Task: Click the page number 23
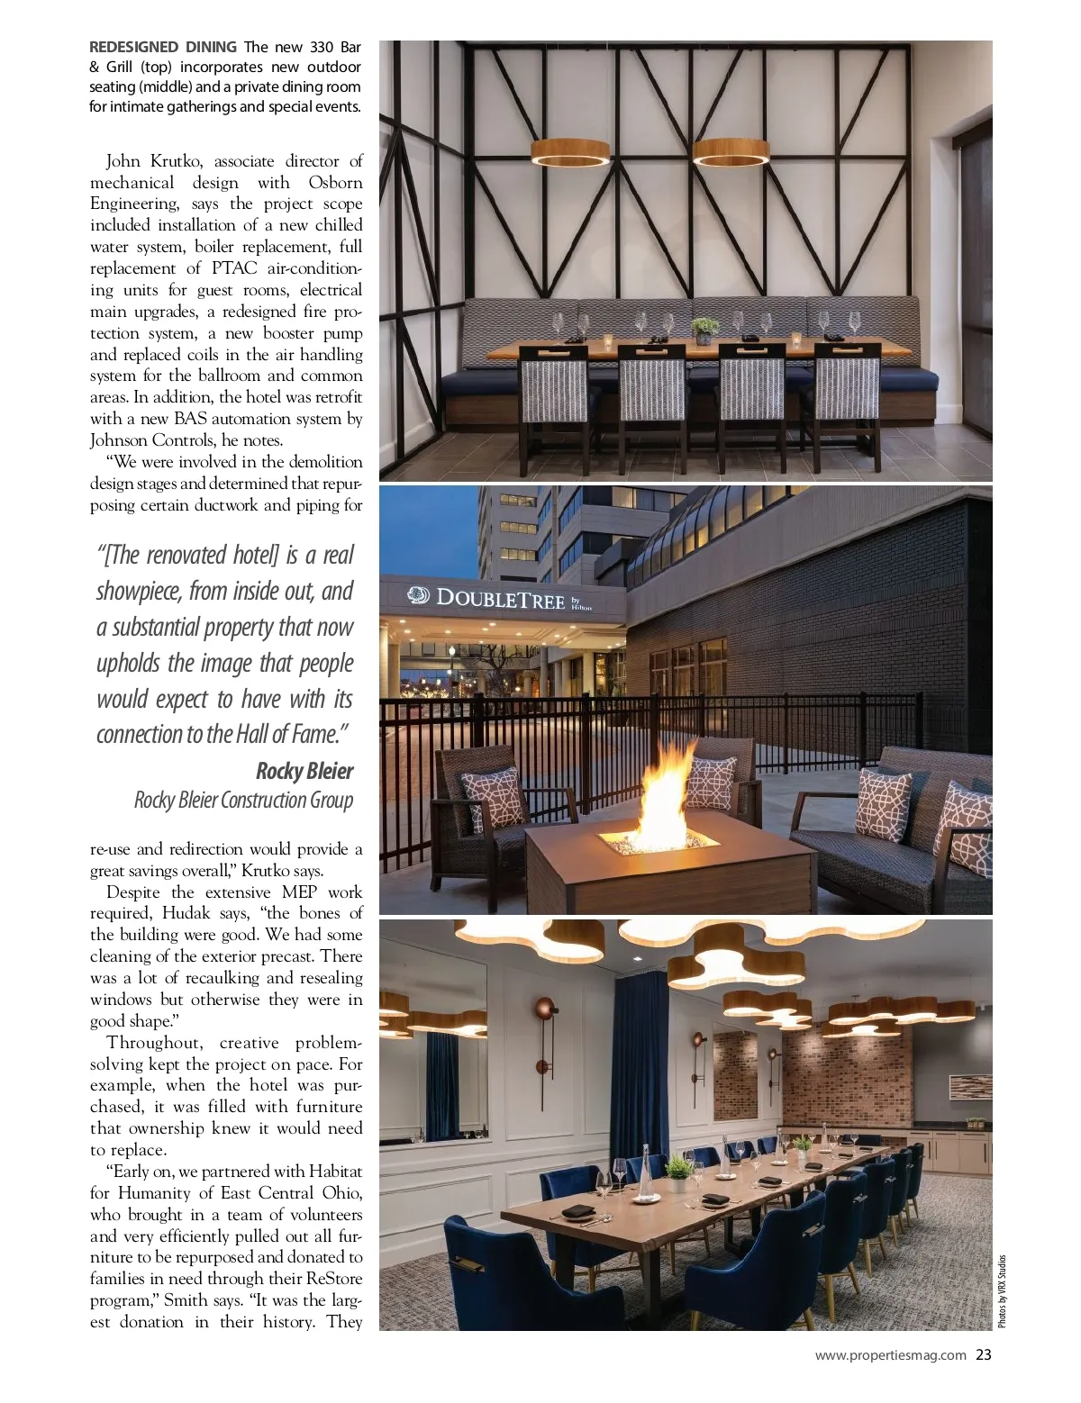pyautogui.click(x=984, y=1354)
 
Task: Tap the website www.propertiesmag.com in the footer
pyautogui.click(x=890, y=1354)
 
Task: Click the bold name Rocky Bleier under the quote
pyautogui.click(x=304, y=771)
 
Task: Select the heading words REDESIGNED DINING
pyautogui.click(x=163, y=47)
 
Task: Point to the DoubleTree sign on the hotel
pyautogui.click(x=501, y=598)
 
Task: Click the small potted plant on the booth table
pyautogui.click(x=704, y=327)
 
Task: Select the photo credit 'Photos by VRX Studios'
pyautogui.click(x=1002, y=1290)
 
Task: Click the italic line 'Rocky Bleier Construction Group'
pyautogui.click(x=243, y=800)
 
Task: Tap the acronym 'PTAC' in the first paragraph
pyautogui.click(x=234, y=268)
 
